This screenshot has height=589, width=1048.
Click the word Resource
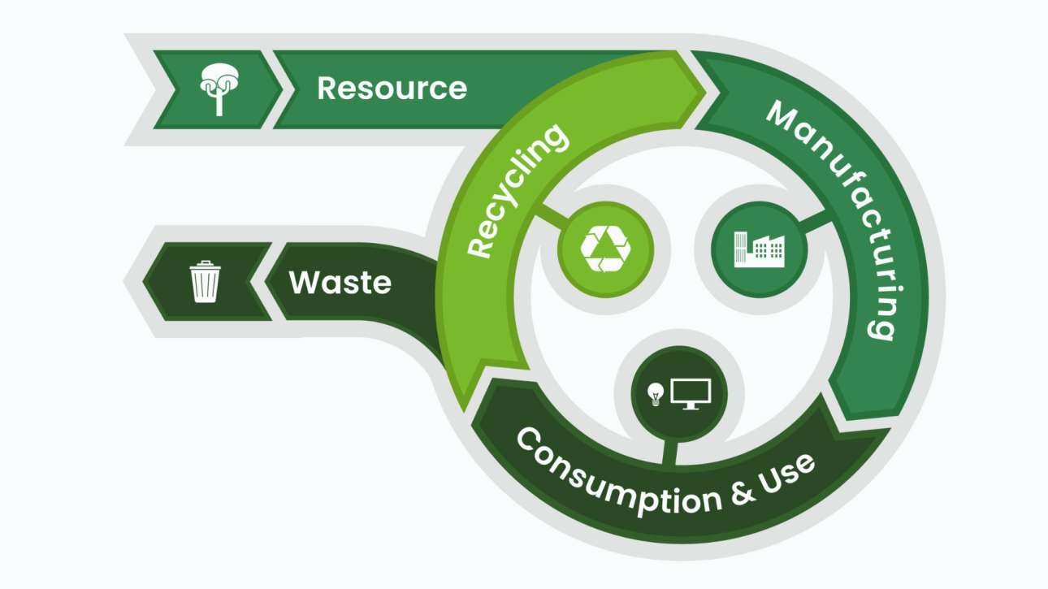click(x=392, y=88)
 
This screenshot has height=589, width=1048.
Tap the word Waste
click(x=340, y=283)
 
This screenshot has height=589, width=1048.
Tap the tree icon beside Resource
click(x=218, y=88)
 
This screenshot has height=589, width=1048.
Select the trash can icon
click(x=205, y=281)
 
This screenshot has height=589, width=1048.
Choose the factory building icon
click(x=758, y=247)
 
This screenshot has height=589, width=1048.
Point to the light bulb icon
click(x=655, y=394)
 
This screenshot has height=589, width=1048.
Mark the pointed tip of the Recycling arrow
click(x=700, y=88)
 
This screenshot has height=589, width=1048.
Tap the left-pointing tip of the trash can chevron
click(x=146, y=281)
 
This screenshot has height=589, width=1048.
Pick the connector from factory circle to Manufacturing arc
click(x=816, y=221)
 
